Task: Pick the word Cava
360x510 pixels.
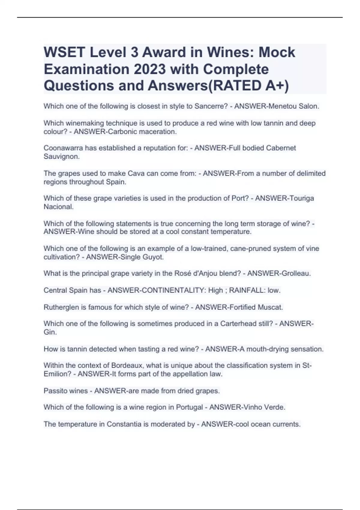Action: [x=136, y=173]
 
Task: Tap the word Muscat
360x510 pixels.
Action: [x=271, y=307]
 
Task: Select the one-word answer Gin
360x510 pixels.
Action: [x=50, y=332]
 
